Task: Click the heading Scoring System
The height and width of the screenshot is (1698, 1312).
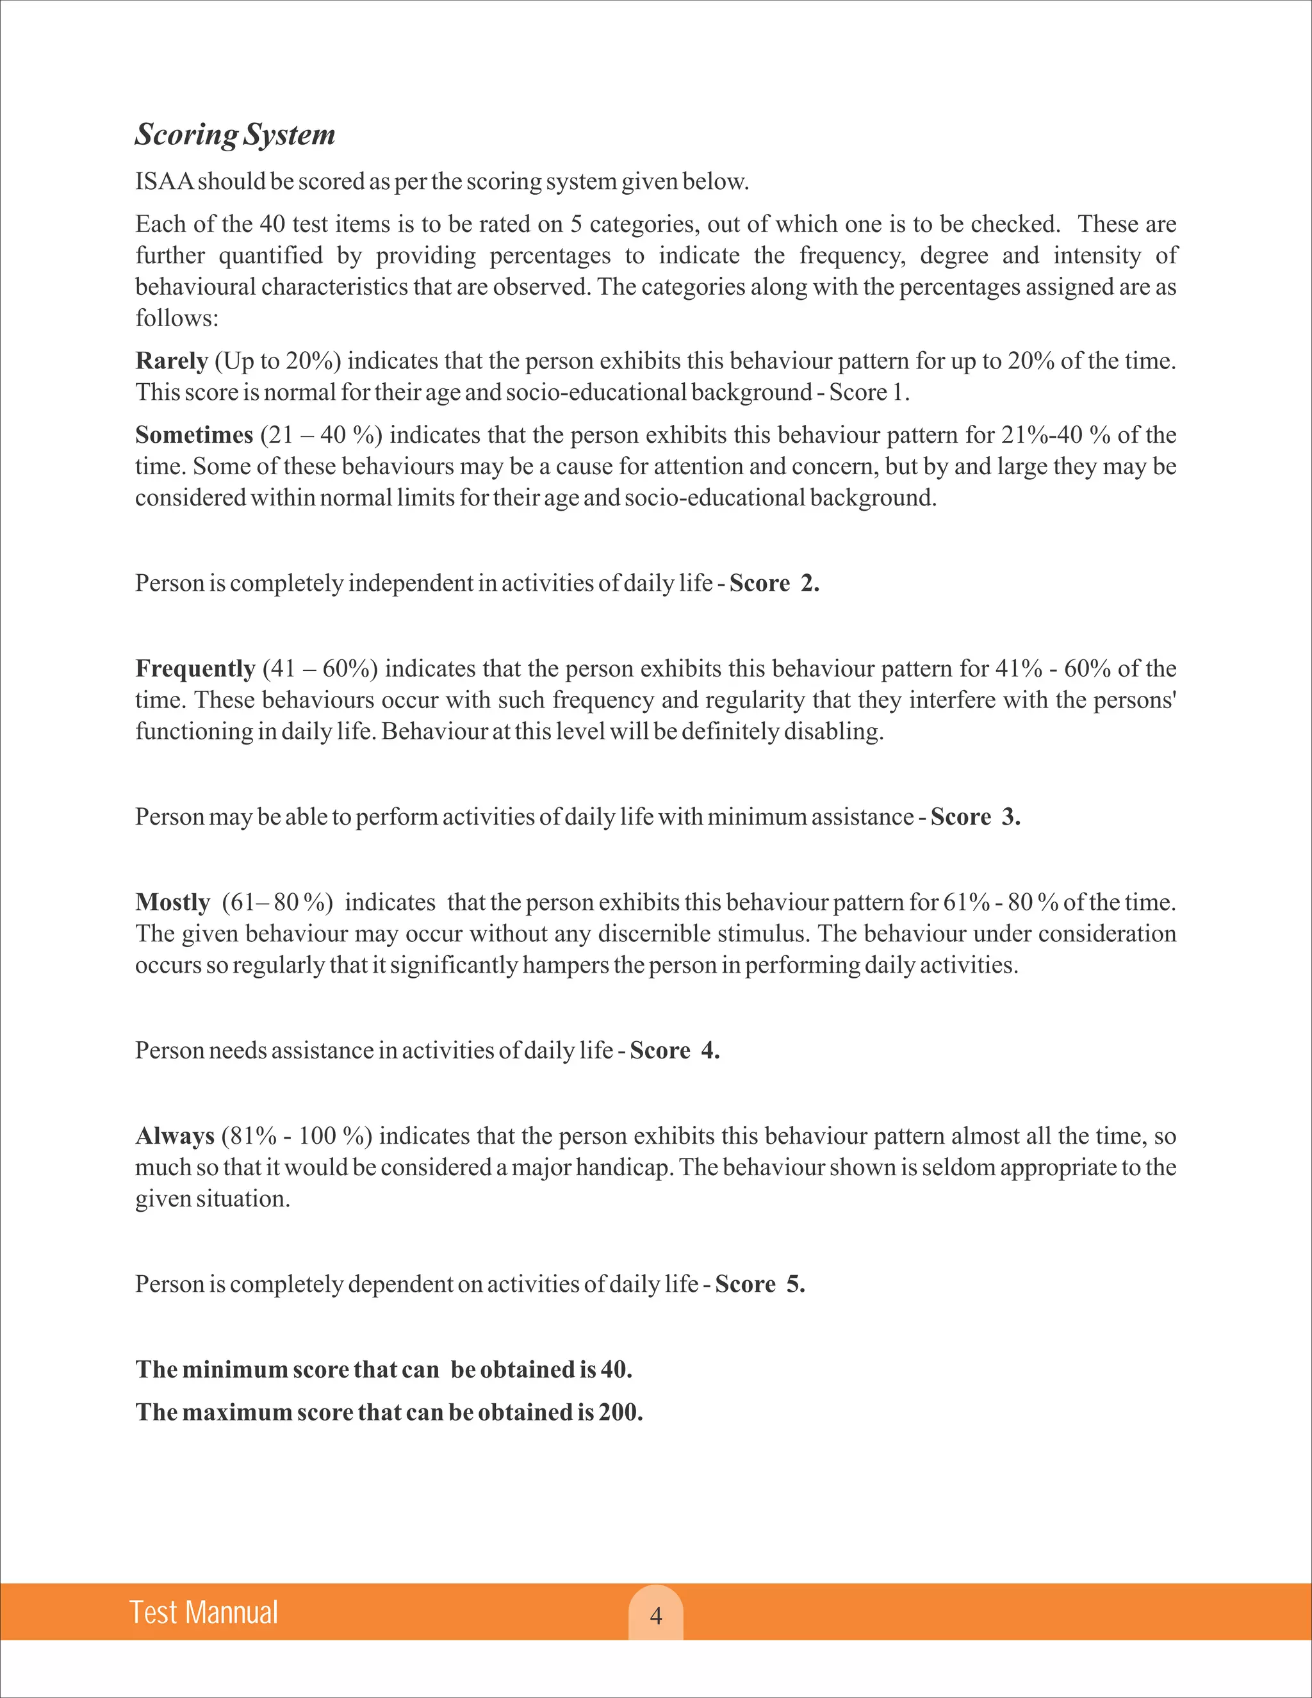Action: [234, 135]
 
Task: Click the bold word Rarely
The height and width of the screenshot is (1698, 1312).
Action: [172, 361]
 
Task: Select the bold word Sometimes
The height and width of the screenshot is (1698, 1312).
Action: [194, 434]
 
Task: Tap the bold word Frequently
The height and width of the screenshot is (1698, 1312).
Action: [195, 668]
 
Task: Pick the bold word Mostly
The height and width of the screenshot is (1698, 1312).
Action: [172, 902]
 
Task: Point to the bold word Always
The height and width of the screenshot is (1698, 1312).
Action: [175, 1136]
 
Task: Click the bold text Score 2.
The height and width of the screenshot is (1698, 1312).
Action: [774, 583]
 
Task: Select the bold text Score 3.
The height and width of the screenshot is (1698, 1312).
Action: [976, 817]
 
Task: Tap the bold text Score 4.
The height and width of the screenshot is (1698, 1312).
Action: [675, 1050]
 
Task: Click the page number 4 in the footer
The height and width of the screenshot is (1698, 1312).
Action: [656, 1617]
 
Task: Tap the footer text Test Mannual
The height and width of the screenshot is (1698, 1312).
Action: [204, 1613]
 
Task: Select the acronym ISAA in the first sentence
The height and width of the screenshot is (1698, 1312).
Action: [164, 181]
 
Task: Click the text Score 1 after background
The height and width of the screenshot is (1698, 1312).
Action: [867, 392]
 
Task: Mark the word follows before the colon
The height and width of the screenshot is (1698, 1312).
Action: [174, 318]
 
